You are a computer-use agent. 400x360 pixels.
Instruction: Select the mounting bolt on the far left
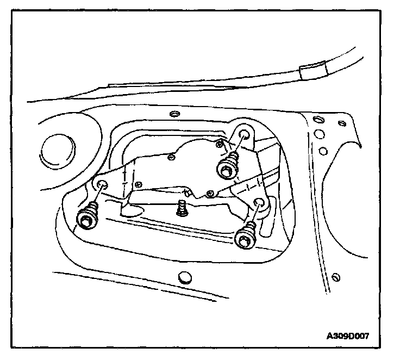[86, 220]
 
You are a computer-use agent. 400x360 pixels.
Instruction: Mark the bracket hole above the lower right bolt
[259, 203]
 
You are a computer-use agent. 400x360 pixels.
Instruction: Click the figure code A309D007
[348, 336]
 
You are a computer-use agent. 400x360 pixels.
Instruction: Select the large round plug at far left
[55, 149]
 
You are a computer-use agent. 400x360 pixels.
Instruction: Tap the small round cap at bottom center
[184, 277]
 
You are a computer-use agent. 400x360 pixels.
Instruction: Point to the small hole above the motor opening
[174, 114]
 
